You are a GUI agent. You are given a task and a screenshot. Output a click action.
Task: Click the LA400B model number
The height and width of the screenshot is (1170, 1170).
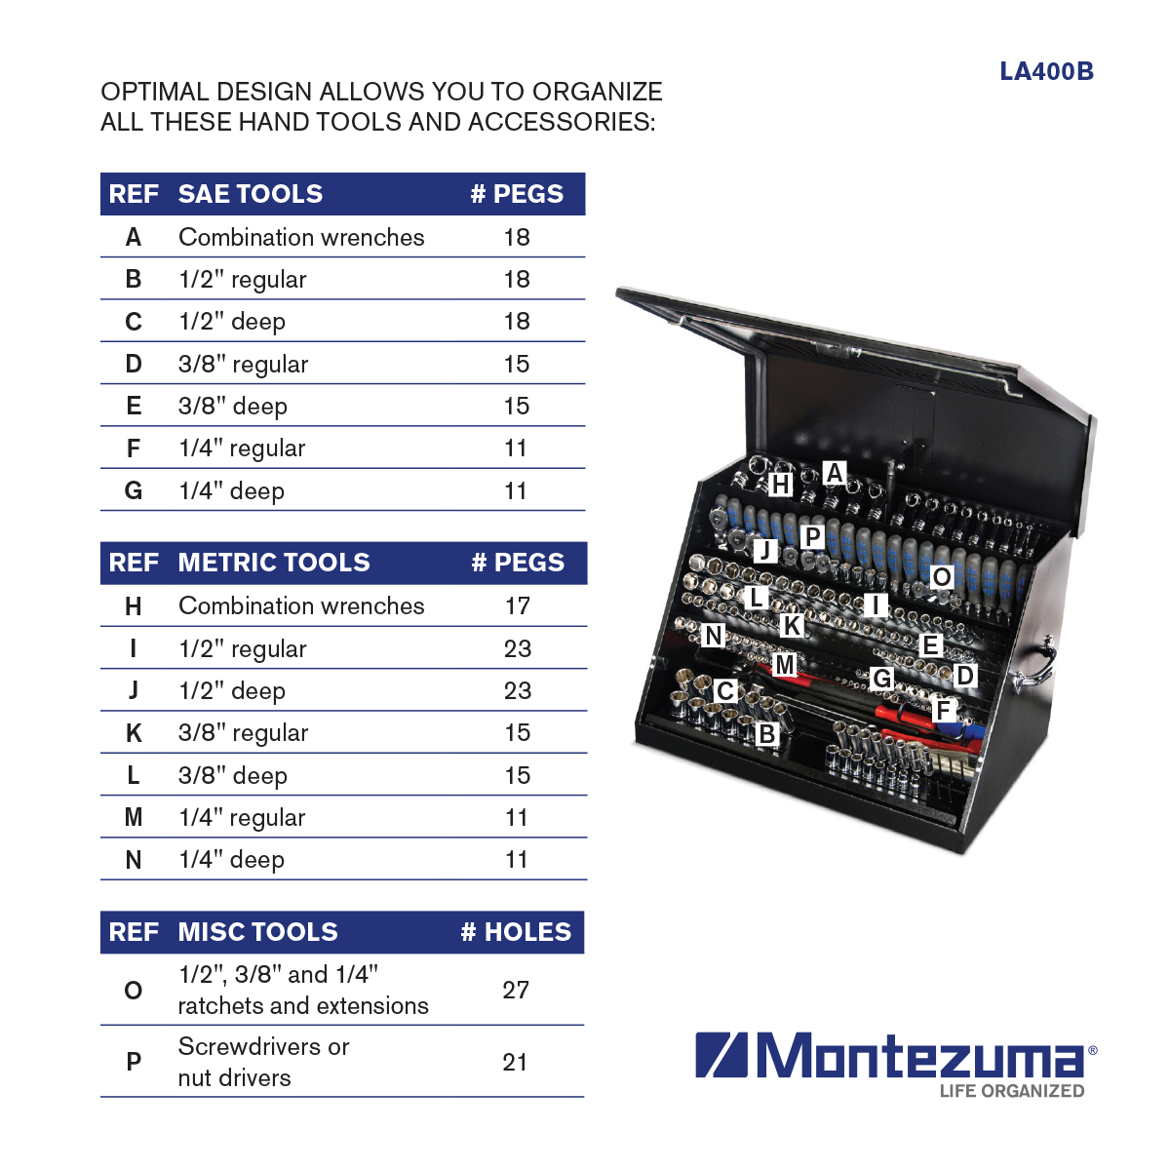1046,71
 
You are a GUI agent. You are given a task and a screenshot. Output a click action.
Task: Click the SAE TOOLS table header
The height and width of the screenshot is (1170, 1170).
251,194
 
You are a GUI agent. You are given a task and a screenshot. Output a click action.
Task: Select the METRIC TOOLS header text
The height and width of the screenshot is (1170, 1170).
274,563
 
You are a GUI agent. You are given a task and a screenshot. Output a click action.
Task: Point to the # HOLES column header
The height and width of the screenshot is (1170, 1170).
516,931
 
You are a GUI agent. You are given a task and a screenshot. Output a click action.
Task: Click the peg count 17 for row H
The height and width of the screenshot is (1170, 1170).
518,605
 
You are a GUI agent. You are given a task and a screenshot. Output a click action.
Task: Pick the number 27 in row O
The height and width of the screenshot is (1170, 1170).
516,990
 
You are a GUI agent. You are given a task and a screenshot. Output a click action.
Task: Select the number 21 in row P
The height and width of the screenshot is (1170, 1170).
514,1062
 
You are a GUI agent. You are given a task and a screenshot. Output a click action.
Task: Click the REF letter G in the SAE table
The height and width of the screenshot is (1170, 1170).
134,490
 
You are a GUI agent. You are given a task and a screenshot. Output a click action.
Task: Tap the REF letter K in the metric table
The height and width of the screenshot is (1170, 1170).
134,733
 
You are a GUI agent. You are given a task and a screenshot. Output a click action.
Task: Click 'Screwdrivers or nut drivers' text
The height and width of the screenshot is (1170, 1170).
263,1062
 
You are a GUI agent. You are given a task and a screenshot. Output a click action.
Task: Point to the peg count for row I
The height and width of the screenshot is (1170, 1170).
518,648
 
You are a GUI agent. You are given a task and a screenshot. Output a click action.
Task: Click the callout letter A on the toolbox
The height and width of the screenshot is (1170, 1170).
835,472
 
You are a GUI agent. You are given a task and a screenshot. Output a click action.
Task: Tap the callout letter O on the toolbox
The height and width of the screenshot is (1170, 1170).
942,577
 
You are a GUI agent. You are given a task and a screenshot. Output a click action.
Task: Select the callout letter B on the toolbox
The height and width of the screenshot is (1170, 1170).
767,734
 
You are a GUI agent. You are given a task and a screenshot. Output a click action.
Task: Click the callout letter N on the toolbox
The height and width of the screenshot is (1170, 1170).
714,636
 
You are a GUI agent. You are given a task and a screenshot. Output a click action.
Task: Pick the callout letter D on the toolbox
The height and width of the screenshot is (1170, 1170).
965,675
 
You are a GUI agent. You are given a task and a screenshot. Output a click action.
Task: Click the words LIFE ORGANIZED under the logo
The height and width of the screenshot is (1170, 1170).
1011,1091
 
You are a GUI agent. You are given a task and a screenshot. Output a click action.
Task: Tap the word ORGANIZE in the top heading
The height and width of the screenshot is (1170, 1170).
597,92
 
